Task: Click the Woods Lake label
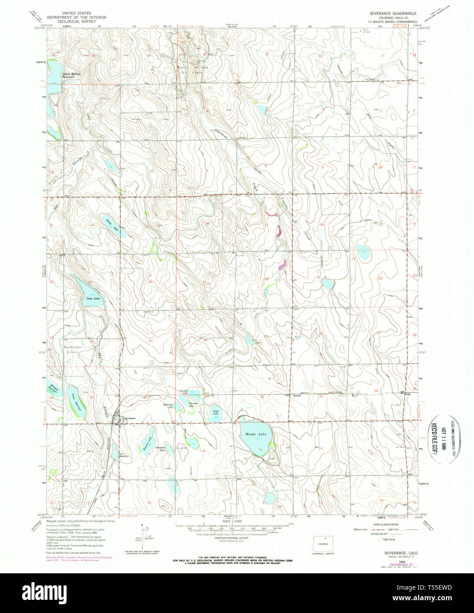(256, 434)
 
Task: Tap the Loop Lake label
(93, 299)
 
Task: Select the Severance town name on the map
(130, 418)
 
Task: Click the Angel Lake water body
(215, 415)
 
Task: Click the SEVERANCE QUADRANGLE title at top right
(392, 14)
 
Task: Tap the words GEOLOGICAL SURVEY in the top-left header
(77, 21)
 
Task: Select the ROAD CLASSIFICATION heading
(382, 524)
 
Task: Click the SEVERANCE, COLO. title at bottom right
(396, 553)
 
